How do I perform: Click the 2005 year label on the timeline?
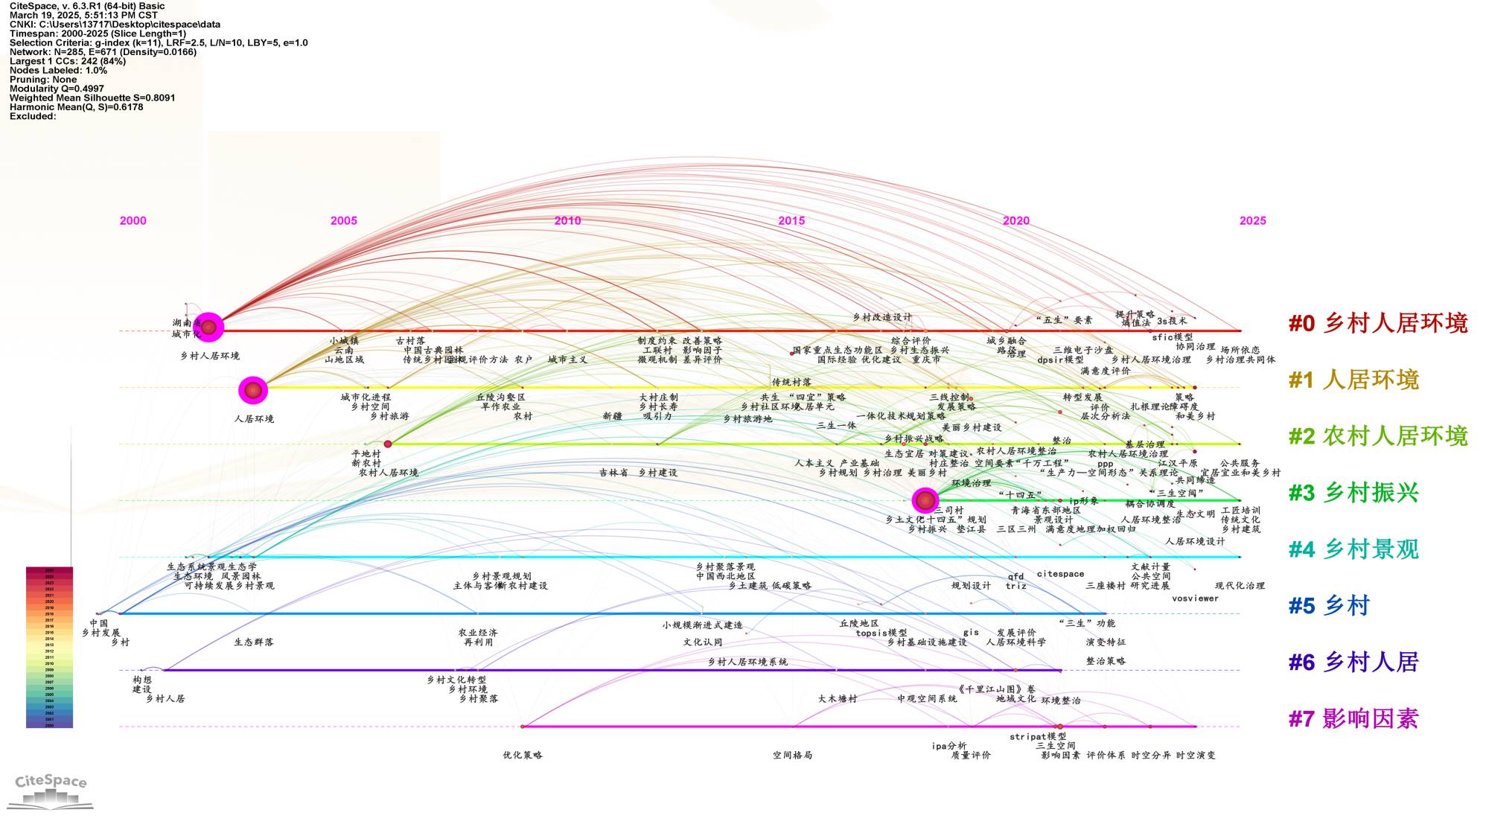tap(343, 220)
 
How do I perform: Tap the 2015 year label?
tap(791, 220)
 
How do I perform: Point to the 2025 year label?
tap(1252, 220)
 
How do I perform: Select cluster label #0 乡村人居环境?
tap(1378, 323)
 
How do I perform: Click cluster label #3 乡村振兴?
tap(1354, 493)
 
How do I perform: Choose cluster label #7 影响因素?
tap(1354, 718)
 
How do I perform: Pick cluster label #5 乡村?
tap(1329, 605)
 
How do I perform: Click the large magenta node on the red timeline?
tap(209, 327)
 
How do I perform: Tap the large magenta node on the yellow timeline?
tap(253, 389)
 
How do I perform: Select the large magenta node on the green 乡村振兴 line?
tap(925, 501)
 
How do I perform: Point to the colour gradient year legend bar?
tap(49, 647)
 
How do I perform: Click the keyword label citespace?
tap(1060, 574)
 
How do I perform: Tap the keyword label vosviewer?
tap(1195, 598)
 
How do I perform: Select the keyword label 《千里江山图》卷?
tap(996, 689)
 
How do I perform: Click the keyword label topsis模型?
tap(881, 633)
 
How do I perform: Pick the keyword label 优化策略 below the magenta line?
tap(523, 755)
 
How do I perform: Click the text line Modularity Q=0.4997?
tap(57, 89)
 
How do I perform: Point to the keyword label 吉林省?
tap(613, 473)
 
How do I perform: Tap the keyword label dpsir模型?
tap(1060, 360)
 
